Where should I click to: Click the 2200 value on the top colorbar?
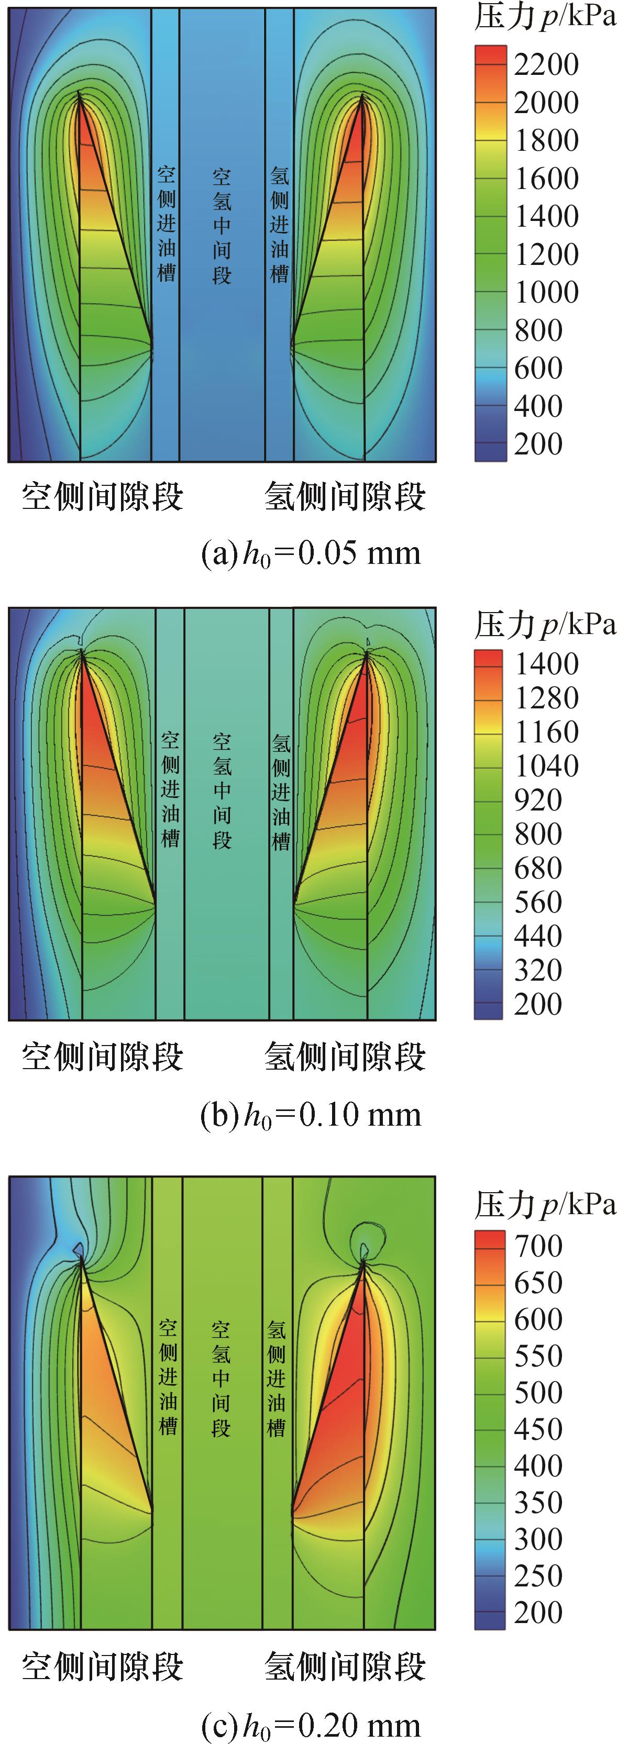point(546,65)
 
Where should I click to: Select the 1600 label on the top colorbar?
point(546,179)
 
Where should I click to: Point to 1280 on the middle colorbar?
point(546,698)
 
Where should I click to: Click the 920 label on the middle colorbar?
point(538,800)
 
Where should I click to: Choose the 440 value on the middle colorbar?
point(538,936)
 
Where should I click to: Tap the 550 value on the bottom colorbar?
point(538,1356)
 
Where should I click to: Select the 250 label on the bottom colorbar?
point(538,1576)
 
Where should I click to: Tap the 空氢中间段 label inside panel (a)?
point(222,226)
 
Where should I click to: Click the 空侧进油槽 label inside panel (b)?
point(170,790)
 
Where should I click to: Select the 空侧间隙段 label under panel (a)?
point(102,496)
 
